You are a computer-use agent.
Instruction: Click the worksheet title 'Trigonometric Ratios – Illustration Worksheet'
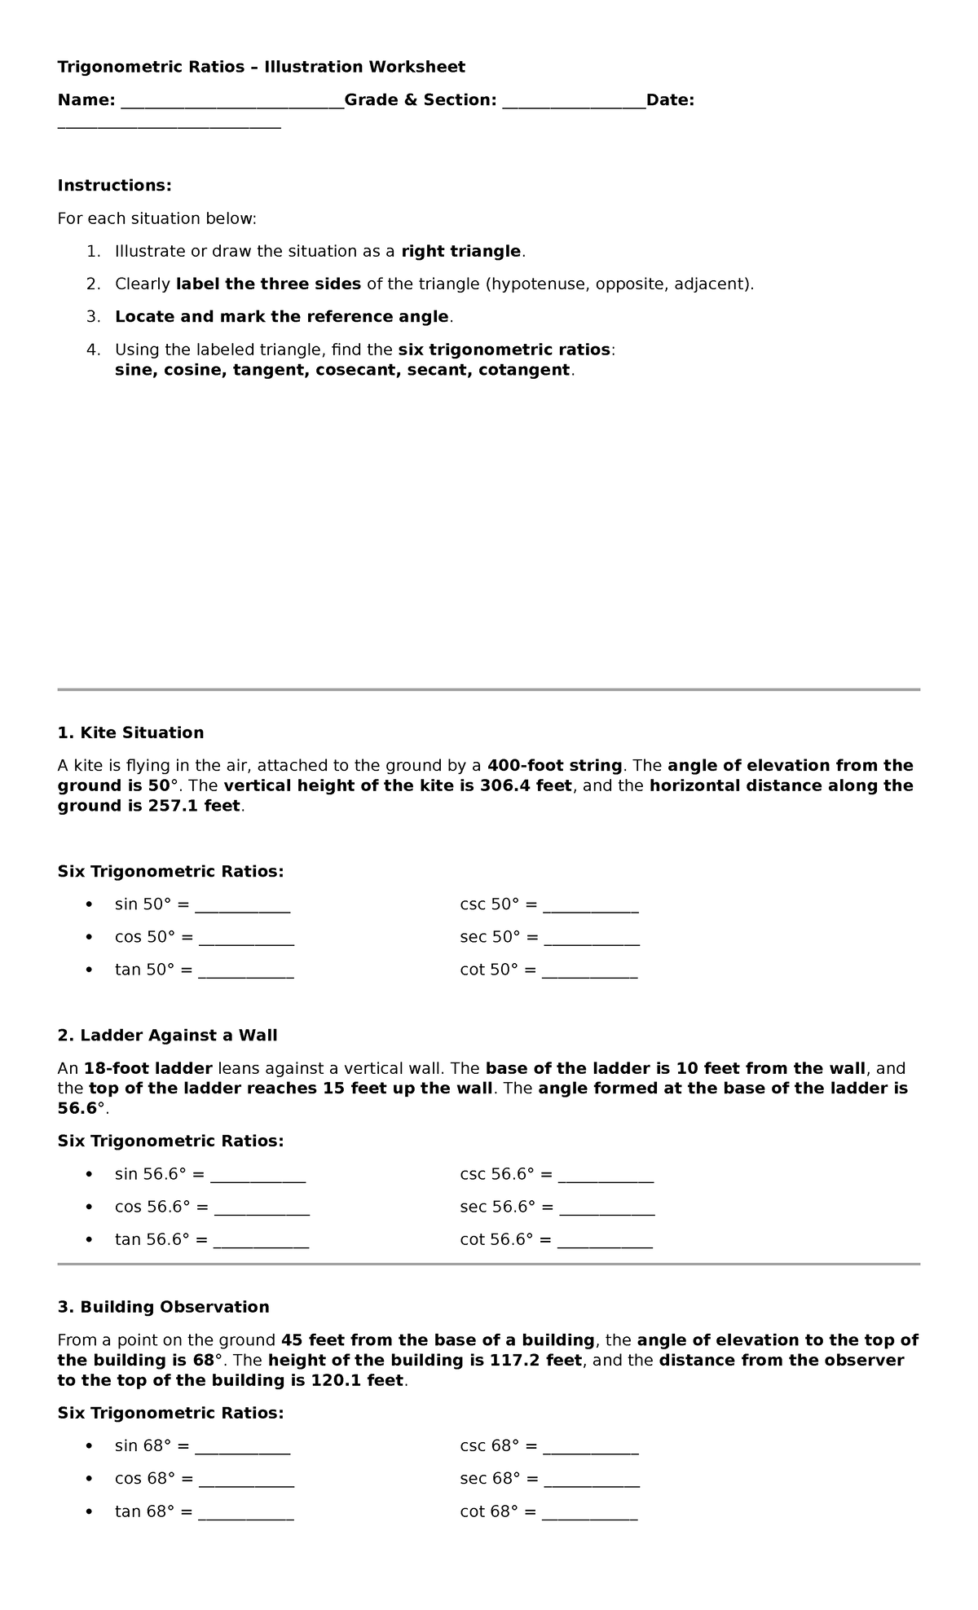coord(261,67)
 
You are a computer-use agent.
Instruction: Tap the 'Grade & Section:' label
coord(420,100)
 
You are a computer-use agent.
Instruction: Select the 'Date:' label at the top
coord(670,100)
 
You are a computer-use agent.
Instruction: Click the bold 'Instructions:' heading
coord(114,186)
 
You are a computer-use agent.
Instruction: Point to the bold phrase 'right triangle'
coord(460,251)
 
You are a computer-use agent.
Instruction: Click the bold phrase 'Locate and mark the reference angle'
coord(281,317)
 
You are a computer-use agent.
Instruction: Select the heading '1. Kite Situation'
coord(130,732)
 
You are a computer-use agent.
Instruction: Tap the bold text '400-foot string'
coord(554,766)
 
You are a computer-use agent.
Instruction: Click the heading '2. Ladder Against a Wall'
coord(167,1036)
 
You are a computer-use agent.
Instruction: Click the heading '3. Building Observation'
coord(163,1307)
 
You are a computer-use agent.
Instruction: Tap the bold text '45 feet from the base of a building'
coord(438,1340)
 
